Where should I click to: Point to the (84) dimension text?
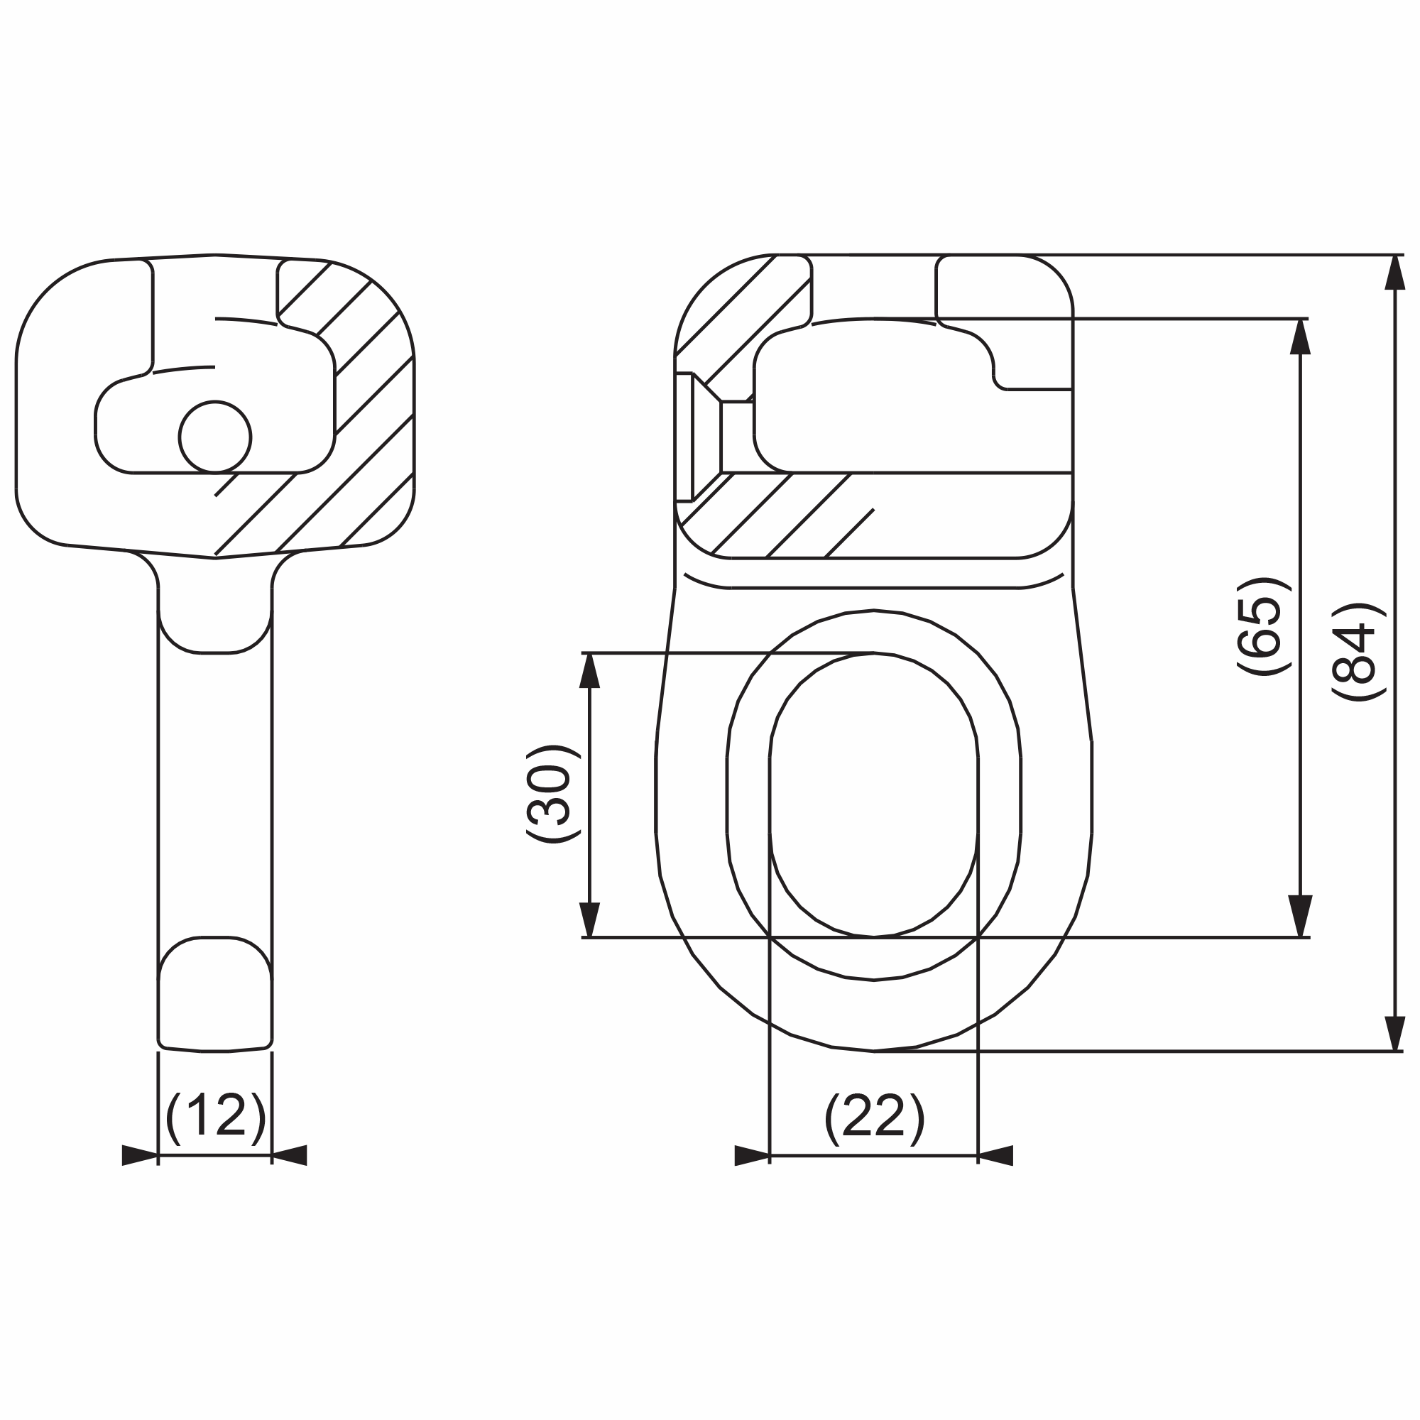(1358, 652)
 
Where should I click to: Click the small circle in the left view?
(215, 437)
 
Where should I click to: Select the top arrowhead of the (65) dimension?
(1300, 337)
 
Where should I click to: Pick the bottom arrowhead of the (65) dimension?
(1300, 918)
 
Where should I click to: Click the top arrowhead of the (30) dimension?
(589, 671)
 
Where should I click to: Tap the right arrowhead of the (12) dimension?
(289, 1155)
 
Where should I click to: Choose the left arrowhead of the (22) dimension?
(752, 1155)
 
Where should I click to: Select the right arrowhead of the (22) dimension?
(995, 1155)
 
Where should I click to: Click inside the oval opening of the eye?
(873, 794)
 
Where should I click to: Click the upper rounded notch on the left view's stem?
(215, 621)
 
